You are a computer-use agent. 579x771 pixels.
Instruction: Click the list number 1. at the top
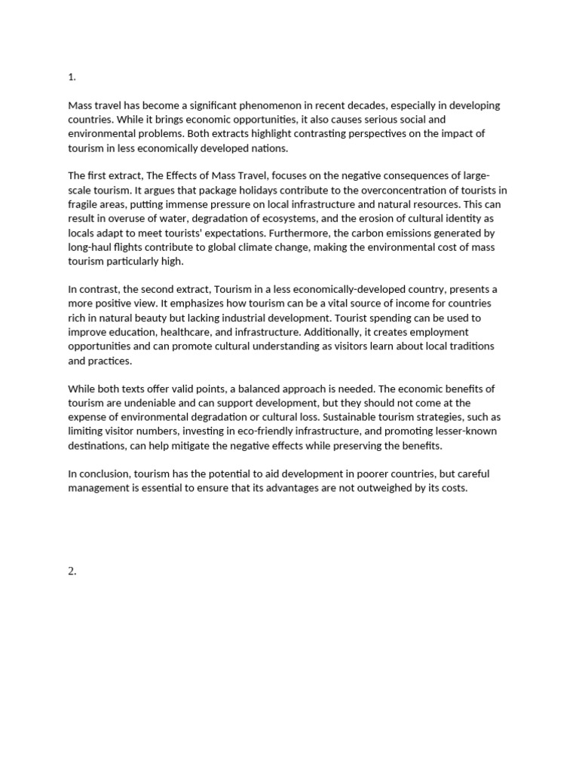(72, 77)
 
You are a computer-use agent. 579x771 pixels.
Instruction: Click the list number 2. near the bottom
(72, 571)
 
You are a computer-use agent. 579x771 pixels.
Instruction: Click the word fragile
(82, 205)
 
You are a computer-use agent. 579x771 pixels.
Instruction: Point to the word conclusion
(104, 474)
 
